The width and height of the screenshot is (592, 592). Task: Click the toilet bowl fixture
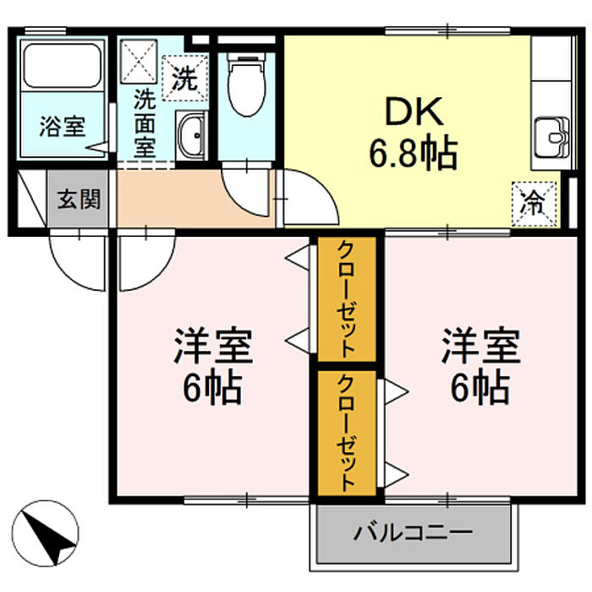[246, 84]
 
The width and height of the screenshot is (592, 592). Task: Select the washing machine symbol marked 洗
[185, 78]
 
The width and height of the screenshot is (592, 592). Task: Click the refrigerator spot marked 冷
[534, 205]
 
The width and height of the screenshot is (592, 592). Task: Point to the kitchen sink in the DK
[553, 137]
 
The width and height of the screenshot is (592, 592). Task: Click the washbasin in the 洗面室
[191, 134]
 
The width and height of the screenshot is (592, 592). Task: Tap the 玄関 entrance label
[79, 199]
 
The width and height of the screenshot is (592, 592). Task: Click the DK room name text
[414, 112]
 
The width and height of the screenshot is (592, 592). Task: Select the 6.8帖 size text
[414, 154]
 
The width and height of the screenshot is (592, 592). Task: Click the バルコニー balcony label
[413, 533]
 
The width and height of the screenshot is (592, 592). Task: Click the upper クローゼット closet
[347, 299]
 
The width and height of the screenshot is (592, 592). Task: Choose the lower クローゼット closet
[347, 433]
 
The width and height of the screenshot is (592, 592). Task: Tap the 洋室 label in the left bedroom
[213, 346]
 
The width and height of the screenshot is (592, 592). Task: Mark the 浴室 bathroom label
[63, 127]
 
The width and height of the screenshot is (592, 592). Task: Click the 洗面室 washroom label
[145, 123]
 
